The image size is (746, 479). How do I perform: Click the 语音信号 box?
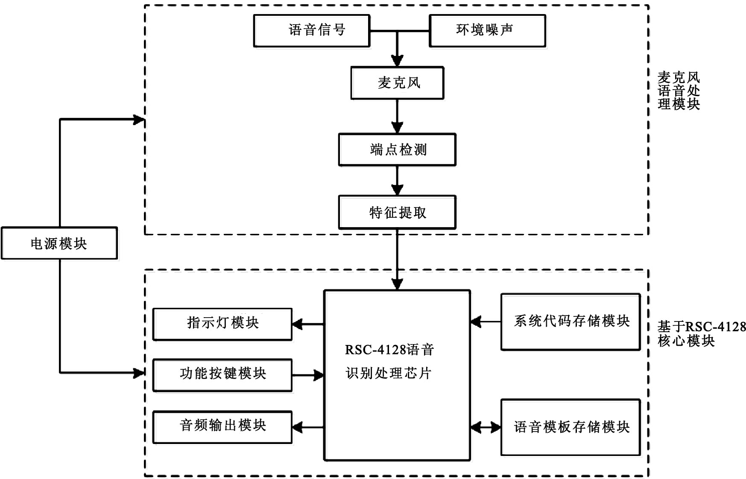pyautogui.click(x=312, y=30)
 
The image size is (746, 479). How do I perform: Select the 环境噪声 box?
pyautogui.click(x=487, y=30)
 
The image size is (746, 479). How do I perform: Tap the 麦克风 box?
pyautogui.click(x=397, y=83)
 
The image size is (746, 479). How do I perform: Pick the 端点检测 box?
pyautogui.click(x=397, y=149)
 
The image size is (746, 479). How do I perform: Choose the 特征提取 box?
pyautogui.click(x=397, y=212)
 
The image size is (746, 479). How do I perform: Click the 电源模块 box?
pyautogui.click(x=59, y=243)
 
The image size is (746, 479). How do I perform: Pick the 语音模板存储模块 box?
pyautogui.click(x=570, y=427)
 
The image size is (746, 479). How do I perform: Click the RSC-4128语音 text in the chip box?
pyautogui.click(x=389, y=350)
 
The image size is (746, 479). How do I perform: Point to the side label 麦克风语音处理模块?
pyautogui.click(x=679, y=91)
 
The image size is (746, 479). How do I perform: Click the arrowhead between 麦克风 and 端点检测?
pyautogui.click(x=398, y=127)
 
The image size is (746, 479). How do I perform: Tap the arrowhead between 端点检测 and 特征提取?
pyautogui.click(x=398, y=190)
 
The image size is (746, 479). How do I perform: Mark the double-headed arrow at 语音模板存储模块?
pyautogui.click(x=486, y=427)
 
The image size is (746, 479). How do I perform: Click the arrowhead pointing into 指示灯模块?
pyautogui.click(x=298, y=324)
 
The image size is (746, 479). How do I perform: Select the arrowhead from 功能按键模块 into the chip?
pyautogui.click(x=319, y=376)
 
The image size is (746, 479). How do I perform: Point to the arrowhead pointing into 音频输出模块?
pyautogui.click(x=298, y=427)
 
